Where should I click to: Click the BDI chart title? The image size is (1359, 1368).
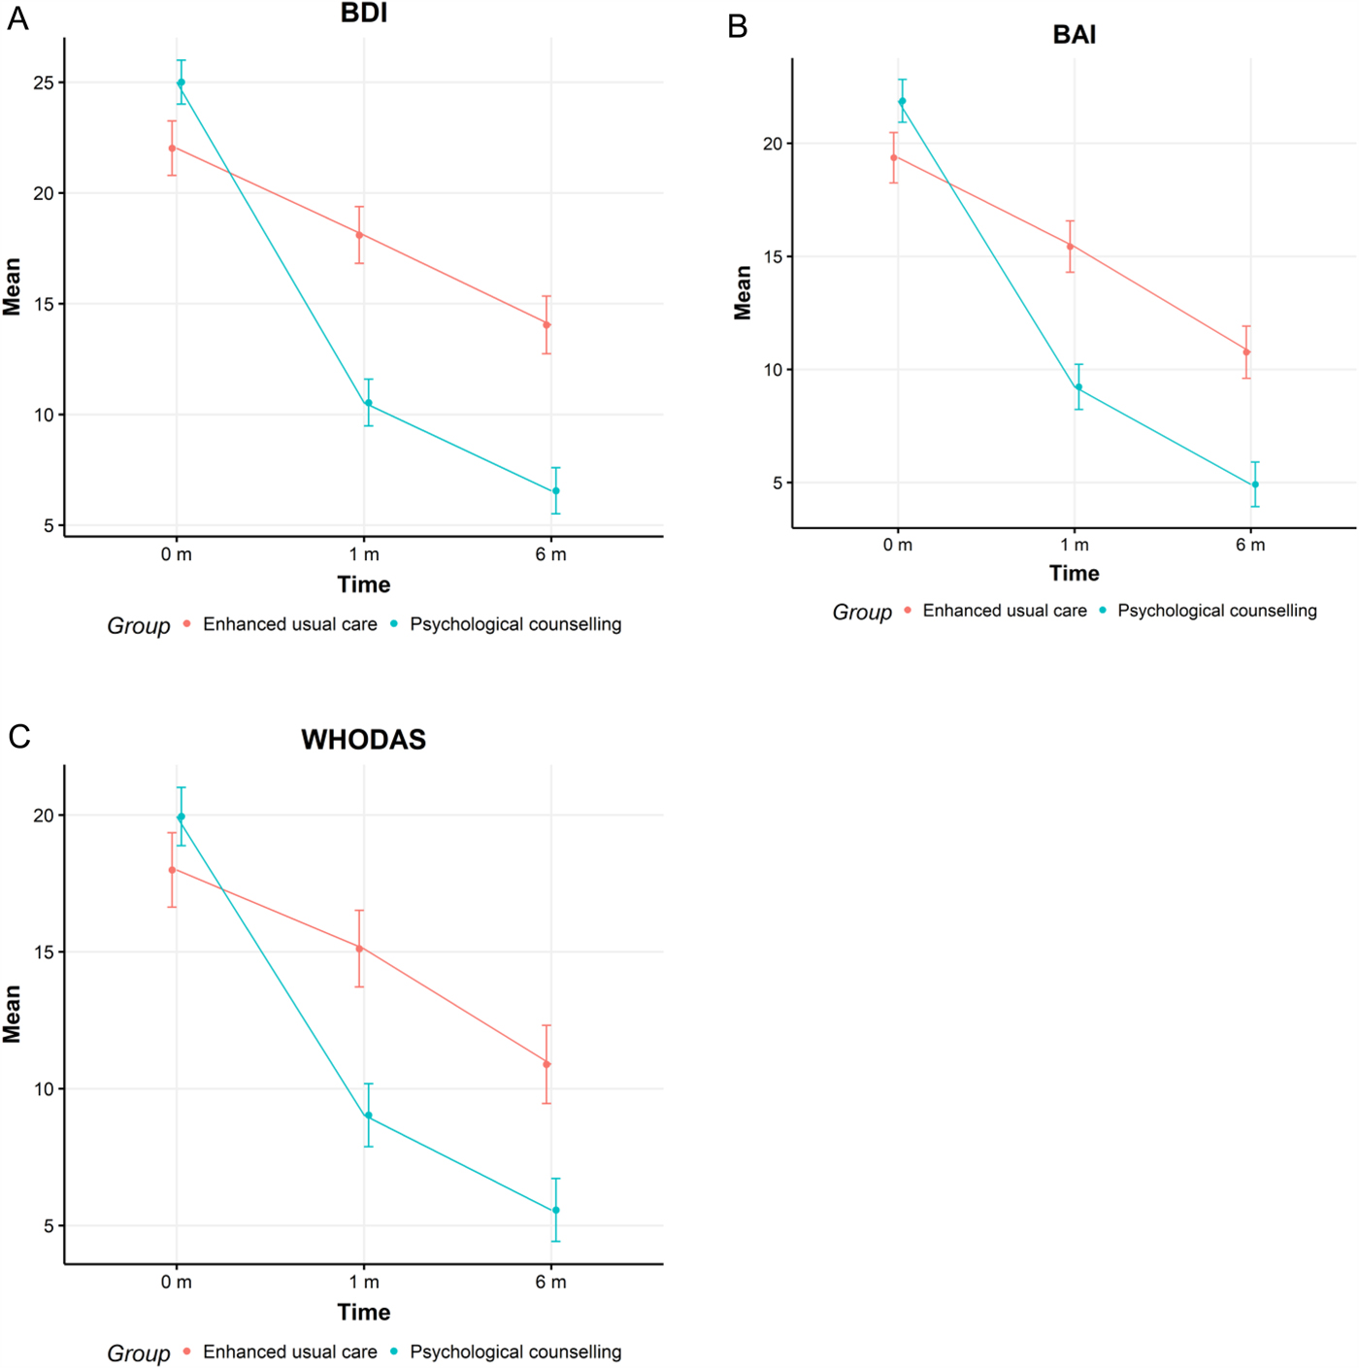364,13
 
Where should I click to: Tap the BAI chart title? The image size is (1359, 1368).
1074,35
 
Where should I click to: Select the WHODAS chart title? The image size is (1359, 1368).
363,740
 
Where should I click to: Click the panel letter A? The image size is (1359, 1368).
17,18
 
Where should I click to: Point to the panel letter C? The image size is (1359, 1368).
19,737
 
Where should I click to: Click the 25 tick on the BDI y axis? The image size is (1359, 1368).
44,83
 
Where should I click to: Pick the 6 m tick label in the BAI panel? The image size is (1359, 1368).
1250,546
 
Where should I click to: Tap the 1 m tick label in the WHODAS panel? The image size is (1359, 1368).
364,1283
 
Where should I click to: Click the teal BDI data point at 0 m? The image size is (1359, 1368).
181,83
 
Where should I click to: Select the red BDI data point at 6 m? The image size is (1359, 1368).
547,324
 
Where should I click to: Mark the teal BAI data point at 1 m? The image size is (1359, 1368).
1078,387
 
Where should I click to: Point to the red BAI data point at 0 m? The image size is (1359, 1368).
894,157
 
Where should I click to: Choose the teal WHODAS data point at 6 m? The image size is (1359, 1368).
556,1211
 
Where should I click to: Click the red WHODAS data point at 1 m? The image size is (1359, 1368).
359,949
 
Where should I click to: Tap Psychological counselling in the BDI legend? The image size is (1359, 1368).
515,624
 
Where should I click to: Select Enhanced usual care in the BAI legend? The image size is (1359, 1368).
1005,611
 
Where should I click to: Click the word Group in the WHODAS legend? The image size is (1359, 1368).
139,1353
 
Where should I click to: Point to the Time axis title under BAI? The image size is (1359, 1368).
1074,574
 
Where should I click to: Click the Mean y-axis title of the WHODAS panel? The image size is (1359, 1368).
12,1014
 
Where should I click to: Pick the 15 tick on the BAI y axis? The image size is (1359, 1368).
773,257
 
